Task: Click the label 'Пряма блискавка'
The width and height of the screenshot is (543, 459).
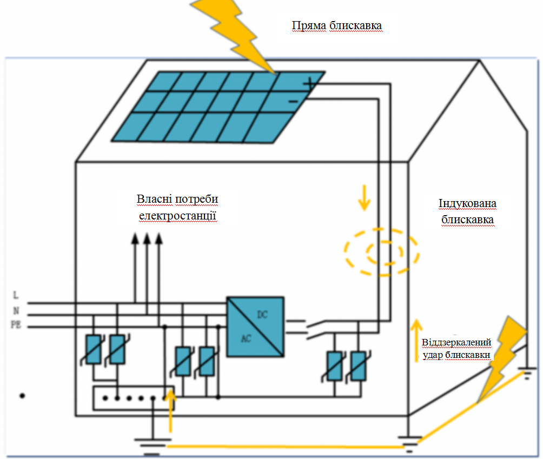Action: (x=336, y=25)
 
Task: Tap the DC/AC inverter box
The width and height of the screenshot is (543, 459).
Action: (x=255, y=327)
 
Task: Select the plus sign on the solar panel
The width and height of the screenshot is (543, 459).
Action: (x=309, y=83)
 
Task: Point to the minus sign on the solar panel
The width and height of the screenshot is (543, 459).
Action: (x=293, y=102)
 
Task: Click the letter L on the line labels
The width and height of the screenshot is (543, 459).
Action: (x=16, y=295)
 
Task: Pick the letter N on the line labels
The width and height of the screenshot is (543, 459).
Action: (x=16, y=311)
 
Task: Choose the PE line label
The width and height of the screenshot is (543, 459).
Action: (x=16, y=325)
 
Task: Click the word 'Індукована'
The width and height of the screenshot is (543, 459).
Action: (x=467, y=203)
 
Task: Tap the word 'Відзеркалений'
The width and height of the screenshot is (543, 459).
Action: (x=456, y=342)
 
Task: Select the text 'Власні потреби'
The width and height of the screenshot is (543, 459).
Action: (x=177, y=199)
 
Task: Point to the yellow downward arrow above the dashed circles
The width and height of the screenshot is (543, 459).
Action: (x=365, y=197)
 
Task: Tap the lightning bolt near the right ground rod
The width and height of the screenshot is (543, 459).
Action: (x=502, y=360)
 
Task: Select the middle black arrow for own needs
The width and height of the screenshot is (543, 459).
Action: (x=147, y=268)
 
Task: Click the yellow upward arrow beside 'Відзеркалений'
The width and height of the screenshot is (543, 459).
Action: (x=416, y=341)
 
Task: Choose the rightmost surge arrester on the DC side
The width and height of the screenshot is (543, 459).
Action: (x=358, y=366)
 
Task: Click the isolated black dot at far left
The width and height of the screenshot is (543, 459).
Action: (x=22, y=395)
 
